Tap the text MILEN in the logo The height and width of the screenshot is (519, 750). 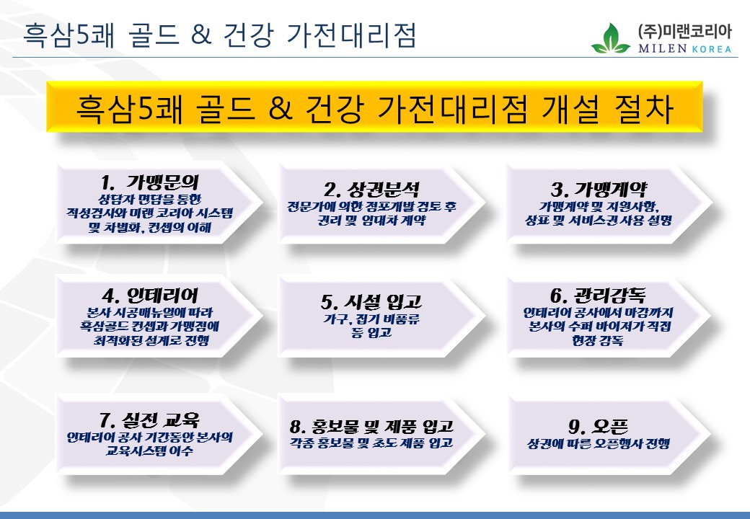[x=663, y=48]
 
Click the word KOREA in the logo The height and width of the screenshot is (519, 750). [x=712, y=49]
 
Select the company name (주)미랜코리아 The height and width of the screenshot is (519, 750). [x=684, y=32]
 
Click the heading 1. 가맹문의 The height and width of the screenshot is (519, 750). [x=150, y=182]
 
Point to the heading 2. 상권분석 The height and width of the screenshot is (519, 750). [x=371, y=190]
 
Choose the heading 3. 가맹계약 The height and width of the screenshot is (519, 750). [x=599, y=190]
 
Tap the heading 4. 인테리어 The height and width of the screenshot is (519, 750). [x=150, y=296]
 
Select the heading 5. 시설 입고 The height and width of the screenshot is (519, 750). [x=371, y=302]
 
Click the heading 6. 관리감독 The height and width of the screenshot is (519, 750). [x=598, y=296]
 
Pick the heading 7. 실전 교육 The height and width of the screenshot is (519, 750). [x=149, y=420]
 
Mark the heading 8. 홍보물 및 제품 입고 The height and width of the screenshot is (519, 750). [x=371, y=426]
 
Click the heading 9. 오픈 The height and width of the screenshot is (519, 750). [x=598, y=426]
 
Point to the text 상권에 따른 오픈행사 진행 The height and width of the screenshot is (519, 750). [x=598, y=443]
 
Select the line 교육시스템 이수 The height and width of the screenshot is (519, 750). [x=149, y=451]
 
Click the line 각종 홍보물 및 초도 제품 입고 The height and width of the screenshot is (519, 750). [x=371, y=443]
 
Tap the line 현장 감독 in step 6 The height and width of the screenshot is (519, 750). [x=598, y=340]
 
